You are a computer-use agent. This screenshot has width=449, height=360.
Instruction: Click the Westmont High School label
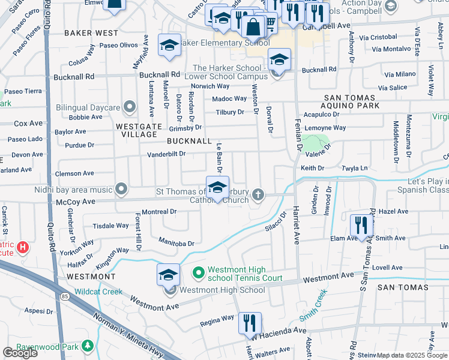[222, 290]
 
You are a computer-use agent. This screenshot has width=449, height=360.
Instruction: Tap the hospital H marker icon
[23, 247]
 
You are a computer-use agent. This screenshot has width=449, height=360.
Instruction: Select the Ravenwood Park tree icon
[88, 347]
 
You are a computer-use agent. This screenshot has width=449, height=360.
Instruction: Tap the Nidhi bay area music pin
[121, 190]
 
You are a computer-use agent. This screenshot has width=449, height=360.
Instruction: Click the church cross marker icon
[258, 194]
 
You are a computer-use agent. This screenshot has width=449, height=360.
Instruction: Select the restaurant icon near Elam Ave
[361, 225]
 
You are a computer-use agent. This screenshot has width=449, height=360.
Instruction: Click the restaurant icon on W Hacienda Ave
[250, 323]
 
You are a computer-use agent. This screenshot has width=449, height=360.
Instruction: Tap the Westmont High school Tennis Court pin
[199, 272]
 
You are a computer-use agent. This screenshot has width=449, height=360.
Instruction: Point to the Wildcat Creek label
[98, 292]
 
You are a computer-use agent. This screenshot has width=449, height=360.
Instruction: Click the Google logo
[20, 353]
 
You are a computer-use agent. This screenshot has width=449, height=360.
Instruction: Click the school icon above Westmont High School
[169, 274]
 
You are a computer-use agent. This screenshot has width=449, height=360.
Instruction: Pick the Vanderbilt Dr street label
[166, 154]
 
